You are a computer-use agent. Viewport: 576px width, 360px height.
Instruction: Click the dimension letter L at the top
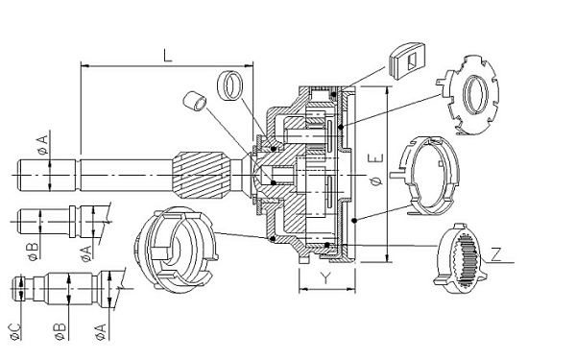tap(168, 55)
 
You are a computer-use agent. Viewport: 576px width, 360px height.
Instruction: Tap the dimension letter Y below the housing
tap(325, 278)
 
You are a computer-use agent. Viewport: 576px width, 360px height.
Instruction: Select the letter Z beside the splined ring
tap(496, 254)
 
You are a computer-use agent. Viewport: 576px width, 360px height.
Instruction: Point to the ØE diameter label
tap(376, 170)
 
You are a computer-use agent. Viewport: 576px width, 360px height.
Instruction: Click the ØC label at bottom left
tap(15, 332)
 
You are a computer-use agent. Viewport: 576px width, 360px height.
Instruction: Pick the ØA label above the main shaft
tap(43, 144)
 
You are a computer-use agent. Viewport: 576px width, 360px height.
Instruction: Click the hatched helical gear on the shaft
tap(201, 176)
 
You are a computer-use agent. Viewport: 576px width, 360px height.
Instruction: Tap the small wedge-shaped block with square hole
tap(407, 61)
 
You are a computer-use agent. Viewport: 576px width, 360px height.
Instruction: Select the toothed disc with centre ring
tap(468, 95)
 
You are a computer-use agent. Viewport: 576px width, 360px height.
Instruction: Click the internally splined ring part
tap(460, 259)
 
